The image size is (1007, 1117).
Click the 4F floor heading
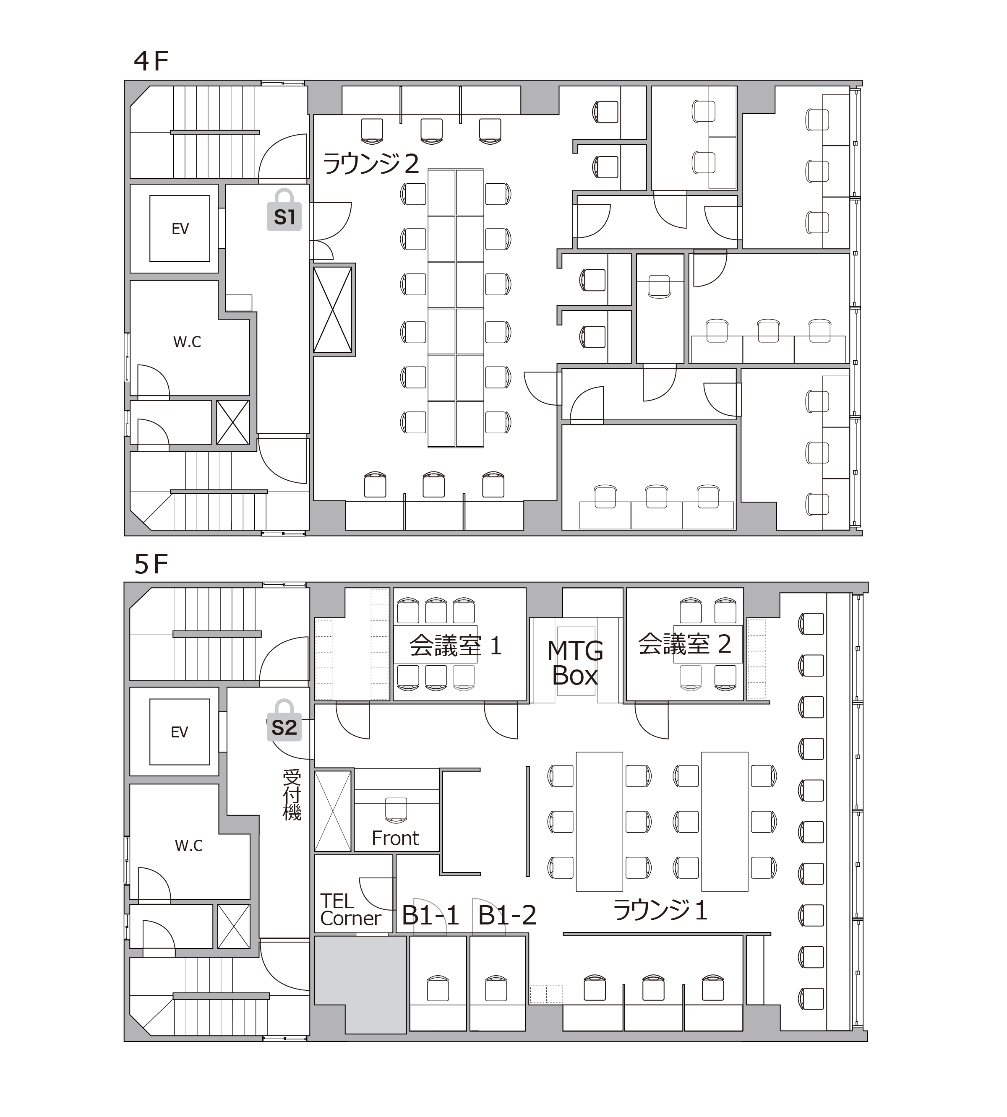pos(151,61)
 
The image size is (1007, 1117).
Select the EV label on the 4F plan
pos(180,229)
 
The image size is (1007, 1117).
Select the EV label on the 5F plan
pos(179,732)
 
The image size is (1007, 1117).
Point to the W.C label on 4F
pos(187,342)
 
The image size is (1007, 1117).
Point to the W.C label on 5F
pos(189,845)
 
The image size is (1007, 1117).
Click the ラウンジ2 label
pos(371,164)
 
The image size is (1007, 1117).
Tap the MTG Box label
pos(575,663)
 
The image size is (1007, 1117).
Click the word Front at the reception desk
pos(395,838)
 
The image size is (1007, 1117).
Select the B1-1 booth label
pos(430,916)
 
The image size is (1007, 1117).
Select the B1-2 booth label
pos(507,916)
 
